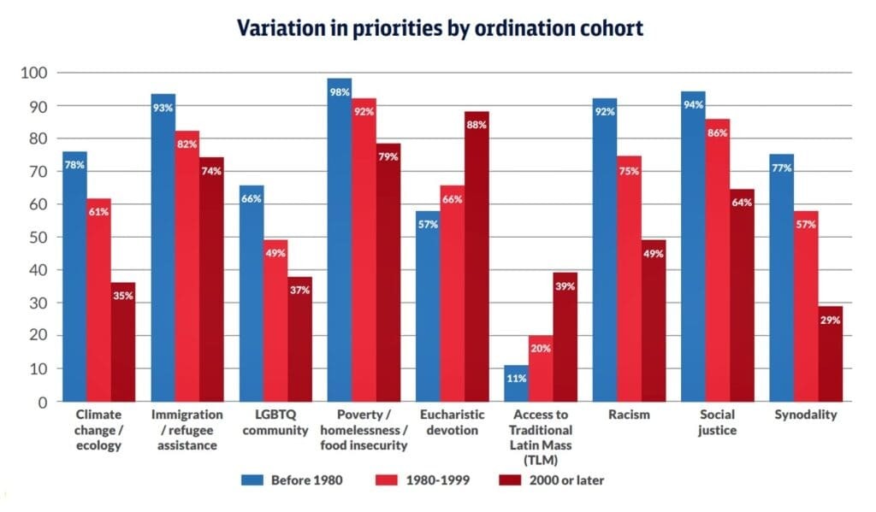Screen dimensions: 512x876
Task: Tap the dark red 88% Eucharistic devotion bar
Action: click(476, 256)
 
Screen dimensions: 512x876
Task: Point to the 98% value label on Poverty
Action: click(339, 92)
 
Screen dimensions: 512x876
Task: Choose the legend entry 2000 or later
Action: click(553, 480)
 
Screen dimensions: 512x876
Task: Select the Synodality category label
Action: click(805, 415)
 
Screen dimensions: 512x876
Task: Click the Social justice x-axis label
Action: click(716, 422)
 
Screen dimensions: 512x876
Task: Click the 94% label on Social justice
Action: click(693, 105)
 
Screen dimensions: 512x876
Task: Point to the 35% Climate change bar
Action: click(123, 342)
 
